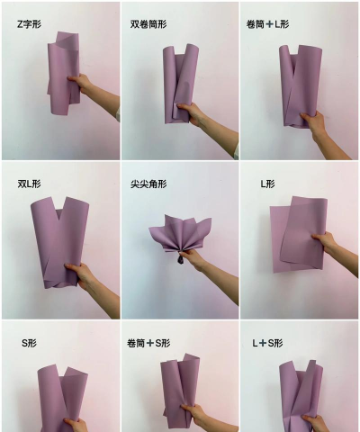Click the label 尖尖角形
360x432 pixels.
(148, 184)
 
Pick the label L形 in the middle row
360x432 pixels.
(267, 184)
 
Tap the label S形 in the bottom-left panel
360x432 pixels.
(30, 343)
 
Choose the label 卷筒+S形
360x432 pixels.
(148, 343)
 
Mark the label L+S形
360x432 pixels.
(267, 343)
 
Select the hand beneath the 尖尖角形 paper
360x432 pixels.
(193, 260)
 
